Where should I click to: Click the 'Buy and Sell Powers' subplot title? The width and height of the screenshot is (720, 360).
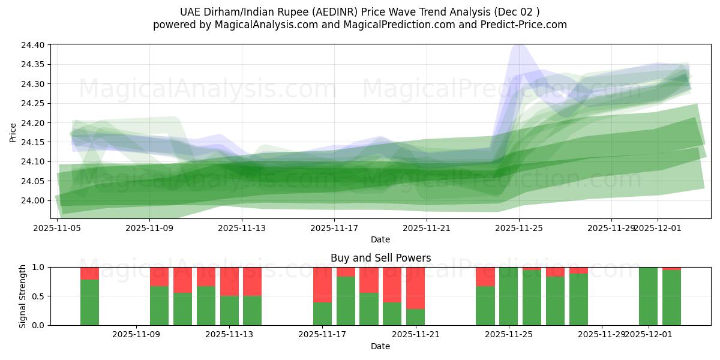click(380, 258)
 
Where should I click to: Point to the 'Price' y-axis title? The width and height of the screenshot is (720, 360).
click(13, 132)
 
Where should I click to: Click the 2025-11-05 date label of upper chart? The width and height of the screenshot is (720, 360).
click(57, 228)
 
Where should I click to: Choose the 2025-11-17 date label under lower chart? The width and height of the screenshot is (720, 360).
click(323, 334)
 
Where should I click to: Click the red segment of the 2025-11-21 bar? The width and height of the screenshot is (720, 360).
click(415, 287)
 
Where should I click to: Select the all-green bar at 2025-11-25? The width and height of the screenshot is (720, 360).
click(508, 296)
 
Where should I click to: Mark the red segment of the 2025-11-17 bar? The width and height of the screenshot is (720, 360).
click(323, 284)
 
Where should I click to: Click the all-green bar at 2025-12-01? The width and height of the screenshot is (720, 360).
click(648, 296)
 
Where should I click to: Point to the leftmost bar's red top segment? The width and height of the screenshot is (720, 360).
click(89, 273)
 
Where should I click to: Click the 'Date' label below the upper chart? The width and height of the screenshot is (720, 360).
click(380, 239)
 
